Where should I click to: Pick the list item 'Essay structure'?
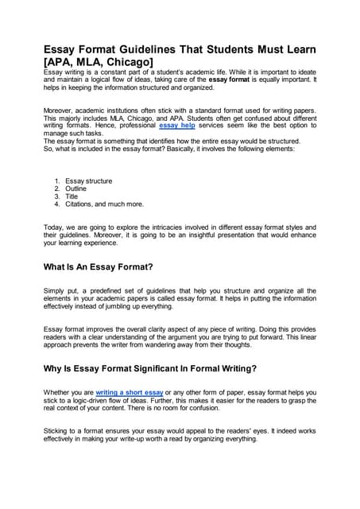pos(88,181)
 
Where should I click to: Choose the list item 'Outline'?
pos(76,188)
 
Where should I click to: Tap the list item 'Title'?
pos(73,196)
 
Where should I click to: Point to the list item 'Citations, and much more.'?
pos(104,204)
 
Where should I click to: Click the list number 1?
pos(56,181)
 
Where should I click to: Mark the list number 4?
pos(56,204)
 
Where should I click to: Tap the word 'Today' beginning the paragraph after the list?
pos(54,227)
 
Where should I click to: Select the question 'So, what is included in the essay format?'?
pos(111,149)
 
